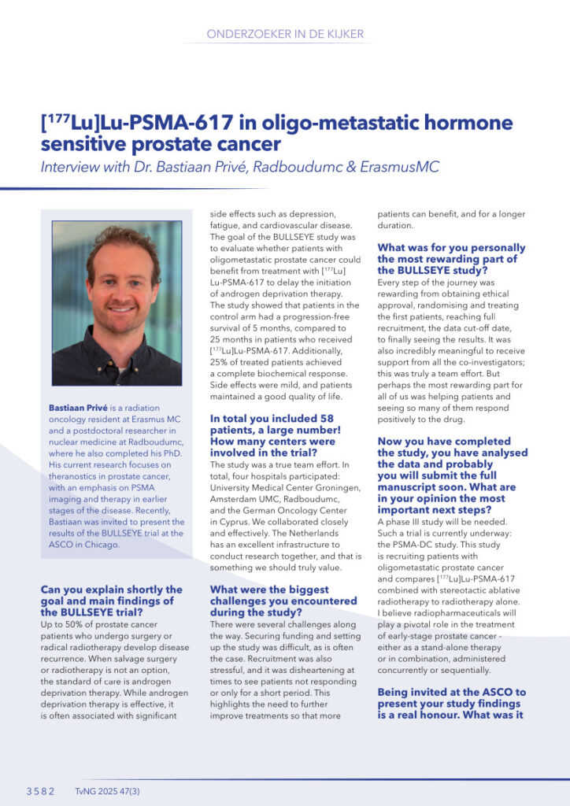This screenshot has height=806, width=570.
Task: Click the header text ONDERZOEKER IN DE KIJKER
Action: [284, 34]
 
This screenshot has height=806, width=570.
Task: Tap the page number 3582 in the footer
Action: [40, 792]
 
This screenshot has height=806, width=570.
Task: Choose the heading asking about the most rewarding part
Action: [440, 258]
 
